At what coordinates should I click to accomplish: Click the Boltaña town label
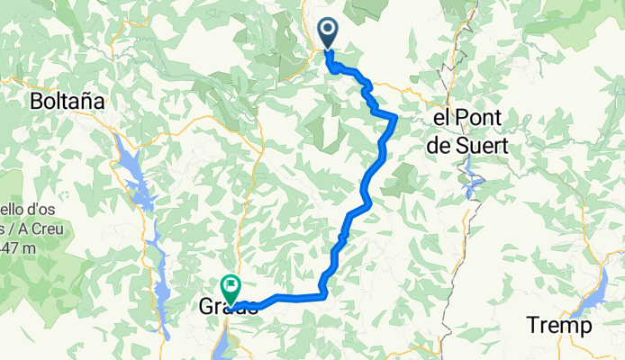coord(68,102)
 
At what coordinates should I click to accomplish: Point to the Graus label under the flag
coord(227,308)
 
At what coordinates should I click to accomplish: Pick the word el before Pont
coord(442,119)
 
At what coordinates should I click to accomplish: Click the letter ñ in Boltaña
coord(85,102)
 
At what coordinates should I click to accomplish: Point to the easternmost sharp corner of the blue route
coord(395,117)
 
